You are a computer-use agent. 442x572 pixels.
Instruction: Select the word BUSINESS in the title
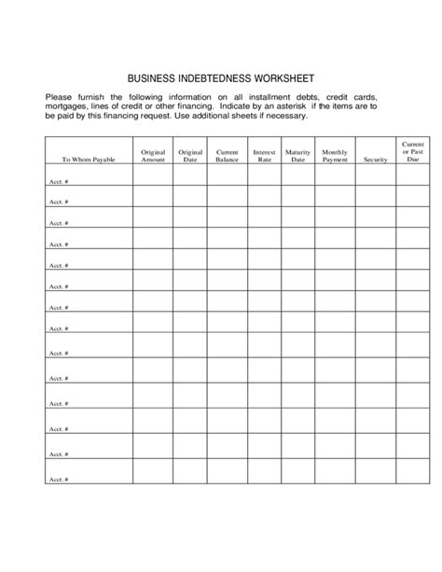tap(154, 78)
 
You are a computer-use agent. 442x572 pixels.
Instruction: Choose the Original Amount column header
tap(153, 155)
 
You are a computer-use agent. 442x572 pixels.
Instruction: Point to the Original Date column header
tap(190, 155)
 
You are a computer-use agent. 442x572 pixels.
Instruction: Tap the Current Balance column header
tap(227, 155)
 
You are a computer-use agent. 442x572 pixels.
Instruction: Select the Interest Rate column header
tap(263, 155)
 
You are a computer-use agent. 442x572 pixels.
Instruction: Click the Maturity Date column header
tap(297, 155)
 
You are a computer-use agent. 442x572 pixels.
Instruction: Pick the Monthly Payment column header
tap(334, 155)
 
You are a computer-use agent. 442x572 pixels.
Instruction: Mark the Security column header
tap(375, 160)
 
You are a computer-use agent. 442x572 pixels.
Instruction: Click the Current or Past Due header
tap(413, 152)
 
